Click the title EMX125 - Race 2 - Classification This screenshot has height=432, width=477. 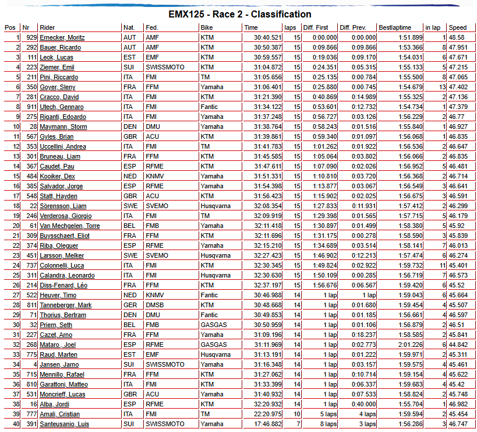239,14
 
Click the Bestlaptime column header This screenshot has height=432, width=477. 395,27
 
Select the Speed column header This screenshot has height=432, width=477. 458,27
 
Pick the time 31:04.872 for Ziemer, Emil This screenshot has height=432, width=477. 263,67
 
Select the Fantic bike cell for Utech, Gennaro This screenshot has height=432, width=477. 209,107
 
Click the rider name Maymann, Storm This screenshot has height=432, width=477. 63,127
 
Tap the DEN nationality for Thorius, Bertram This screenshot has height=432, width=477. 130,315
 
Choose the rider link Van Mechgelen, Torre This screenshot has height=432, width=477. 70,226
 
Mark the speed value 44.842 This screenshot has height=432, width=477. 457,345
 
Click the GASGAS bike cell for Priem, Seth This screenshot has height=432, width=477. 214,325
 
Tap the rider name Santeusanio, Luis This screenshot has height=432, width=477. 64,424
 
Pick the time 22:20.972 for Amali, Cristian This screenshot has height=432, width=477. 263,414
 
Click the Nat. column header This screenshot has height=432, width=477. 129,27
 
